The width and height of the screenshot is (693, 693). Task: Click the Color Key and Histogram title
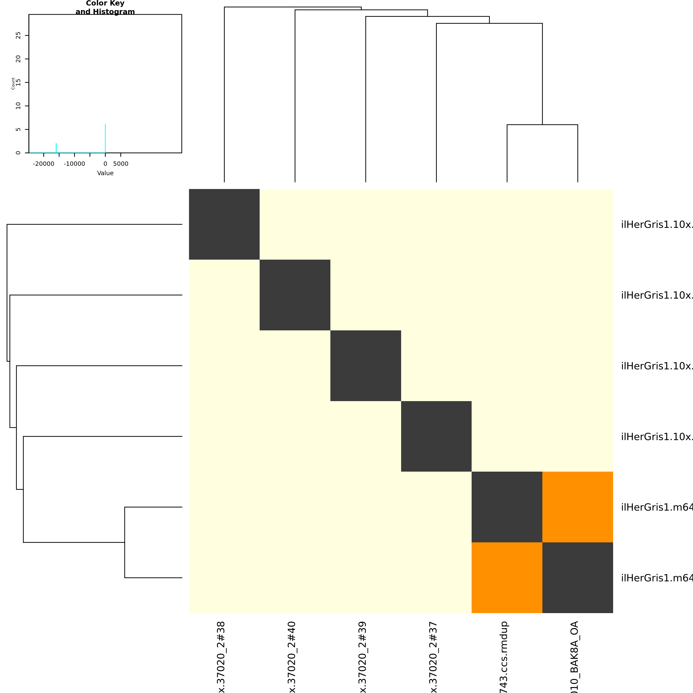[105, 7]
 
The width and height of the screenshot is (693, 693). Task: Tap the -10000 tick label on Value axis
[74, 164]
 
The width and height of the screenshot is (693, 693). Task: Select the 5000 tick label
[121, 164]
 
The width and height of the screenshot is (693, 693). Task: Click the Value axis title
[105, 173]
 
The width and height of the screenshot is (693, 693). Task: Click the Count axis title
[13, 83]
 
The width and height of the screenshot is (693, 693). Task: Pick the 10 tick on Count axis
[18, 106]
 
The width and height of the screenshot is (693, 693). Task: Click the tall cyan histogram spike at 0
[105, 138]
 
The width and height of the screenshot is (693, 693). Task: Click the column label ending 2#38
[222, 656]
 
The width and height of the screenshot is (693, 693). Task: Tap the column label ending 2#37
[434, 656]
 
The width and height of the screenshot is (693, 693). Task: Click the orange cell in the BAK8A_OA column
[577, 507]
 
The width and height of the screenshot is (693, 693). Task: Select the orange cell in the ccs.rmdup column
[507, 577]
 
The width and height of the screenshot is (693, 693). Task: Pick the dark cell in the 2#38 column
[224, 224]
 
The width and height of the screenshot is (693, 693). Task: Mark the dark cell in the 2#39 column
[366, 366]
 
